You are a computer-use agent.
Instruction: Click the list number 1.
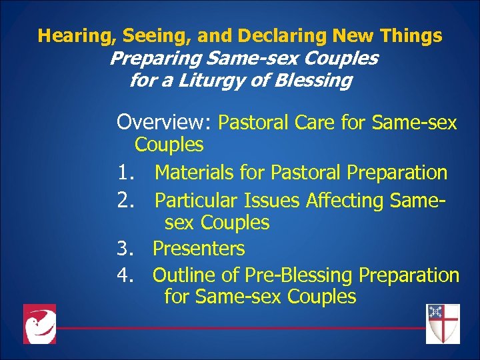click(126, 173)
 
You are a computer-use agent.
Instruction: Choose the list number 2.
click(126, 200)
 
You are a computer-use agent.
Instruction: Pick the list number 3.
click(126, 249)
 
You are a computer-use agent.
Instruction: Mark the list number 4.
click(126, 275)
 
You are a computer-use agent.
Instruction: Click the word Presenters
click(199, 249)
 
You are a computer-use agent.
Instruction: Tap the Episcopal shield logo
click(443, 323)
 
